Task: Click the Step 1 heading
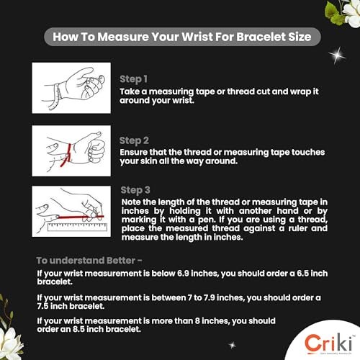click(133, 79)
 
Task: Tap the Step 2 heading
click(134, 141)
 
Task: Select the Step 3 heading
click(135, 190)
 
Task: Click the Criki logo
click(328, 343)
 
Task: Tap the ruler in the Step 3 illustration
click(77, 227)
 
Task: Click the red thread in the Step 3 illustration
click(81, 217)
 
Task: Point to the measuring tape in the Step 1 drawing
click(57, 97)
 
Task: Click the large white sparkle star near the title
click(337, 55)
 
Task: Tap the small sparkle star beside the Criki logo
click(232, 345)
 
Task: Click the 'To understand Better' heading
click(89, 261)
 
